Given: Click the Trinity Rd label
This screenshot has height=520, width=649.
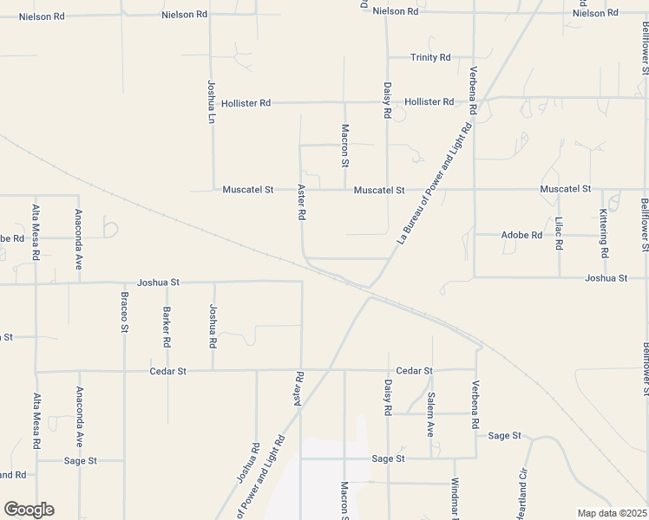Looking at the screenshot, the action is (x=430, y=57).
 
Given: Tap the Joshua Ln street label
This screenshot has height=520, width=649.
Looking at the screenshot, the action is (x=211, y=101).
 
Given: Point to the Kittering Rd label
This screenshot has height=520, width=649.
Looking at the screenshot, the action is (x=604, y=237).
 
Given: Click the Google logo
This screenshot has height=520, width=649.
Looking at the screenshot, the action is (x=29, y=510).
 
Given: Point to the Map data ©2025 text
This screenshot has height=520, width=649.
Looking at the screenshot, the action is (x=611, y=513).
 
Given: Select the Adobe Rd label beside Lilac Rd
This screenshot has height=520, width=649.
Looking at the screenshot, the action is (x=521, y=235).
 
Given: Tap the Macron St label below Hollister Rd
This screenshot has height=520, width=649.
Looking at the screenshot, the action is (x=344, y=146).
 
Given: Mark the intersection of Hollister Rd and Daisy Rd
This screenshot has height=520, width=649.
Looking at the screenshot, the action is (x=387, y=102).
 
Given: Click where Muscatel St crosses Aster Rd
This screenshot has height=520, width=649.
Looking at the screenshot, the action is (x=301, y=190).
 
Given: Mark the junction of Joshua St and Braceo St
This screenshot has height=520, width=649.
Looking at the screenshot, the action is (x=124, y=283).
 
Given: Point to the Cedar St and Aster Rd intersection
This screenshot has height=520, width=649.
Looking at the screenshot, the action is (x=301, y=371).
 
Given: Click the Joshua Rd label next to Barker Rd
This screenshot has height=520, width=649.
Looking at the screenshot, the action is (x=212, y=326).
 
